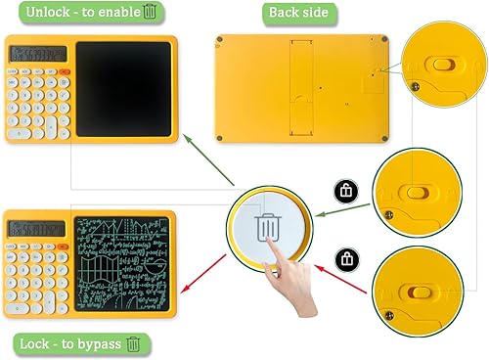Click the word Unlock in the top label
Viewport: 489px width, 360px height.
click(40, 13)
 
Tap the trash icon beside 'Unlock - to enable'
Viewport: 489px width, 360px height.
click(150, 13)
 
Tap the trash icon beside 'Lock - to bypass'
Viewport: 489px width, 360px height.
click(134, 343)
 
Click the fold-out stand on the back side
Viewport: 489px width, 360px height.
click(301, 72)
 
